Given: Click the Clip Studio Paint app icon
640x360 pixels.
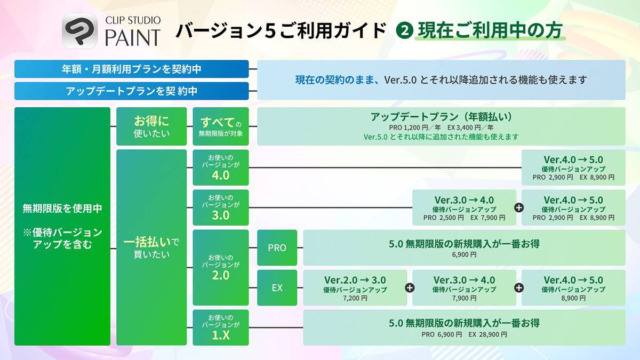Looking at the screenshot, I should [x=80, y=31].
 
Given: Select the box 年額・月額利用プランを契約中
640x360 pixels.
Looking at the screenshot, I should [x=131, y=69].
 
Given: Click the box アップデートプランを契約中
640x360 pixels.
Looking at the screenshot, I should [x=131, y=91].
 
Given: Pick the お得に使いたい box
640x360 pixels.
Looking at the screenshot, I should [x=151, y=126].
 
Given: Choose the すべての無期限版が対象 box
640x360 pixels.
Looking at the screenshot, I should [x=221, y=126].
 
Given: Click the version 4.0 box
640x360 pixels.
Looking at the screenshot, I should [x=221, y=167].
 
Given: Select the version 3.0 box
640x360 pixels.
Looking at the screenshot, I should [x=221, y=207].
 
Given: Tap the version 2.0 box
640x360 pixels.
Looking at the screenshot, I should [x=221, y=267].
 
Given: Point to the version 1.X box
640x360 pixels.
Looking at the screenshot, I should [x=221, y=327].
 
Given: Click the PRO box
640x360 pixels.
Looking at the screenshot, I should [x=277, y=247].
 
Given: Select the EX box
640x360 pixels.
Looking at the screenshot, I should [x=277, y=287].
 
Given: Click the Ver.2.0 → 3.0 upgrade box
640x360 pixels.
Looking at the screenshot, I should [x=355, y=287].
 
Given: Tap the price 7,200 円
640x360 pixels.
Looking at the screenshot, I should [x=355, y=299].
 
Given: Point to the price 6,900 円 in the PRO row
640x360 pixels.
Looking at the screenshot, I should [x=464, y=255].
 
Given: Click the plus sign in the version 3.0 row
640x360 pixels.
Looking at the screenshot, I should [x=519, y=207].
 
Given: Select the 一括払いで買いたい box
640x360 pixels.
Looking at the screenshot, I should [x=151, y=247].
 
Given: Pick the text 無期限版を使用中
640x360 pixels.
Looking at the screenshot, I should [x=62, y=209].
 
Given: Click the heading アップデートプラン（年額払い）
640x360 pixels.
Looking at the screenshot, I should [x=441, y=117].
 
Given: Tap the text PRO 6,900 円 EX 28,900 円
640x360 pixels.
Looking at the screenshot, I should [x=464, y=334].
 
